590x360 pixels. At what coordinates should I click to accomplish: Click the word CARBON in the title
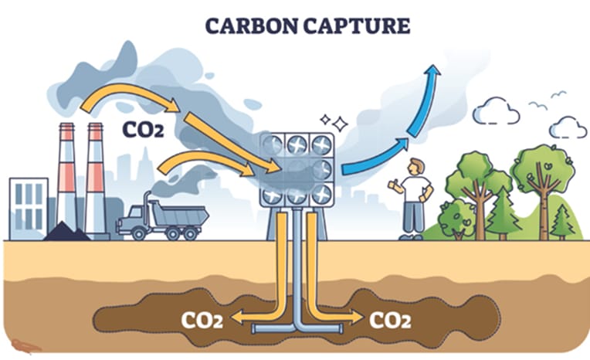[x=252, y=26]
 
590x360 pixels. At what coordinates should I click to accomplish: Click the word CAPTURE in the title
[x=357, y=26]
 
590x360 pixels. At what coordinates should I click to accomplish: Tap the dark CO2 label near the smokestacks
[x=143, y=130]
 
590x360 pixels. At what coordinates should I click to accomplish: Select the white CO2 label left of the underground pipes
[x=202, y=320]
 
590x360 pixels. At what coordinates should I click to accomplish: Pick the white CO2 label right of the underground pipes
[x=390, y=320]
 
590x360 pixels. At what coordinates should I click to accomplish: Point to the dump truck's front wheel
[x=138, y=233]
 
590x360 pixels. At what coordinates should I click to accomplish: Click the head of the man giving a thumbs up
[x=416, y=166]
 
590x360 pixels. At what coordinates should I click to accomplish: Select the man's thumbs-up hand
[x=393, y=185]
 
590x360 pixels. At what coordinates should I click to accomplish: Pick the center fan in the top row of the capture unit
[x=297, y=145]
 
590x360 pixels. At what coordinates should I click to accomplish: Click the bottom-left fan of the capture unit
[x=272, y=195]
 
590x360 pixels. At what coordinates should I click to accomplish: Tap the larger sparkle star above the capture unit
[x=340, y=124]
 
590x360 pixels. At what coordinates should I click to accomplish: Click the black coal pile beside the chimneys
[x=66, y=233]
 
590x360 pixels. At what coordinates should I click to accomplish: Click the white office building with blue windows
[x=29, y=209]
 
